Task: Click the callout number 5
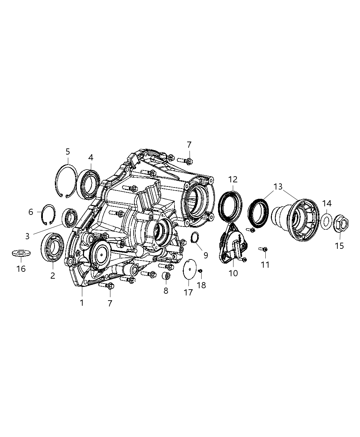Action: pyautogui.click(x=68, y=151)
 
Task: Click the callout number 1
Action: pyautogui.click(x=82, y=303)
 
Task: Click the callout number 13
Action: pyautogui.click(x=278, y=187)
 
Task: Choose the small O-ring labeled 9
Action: pyautogui.click(x=195, y=236)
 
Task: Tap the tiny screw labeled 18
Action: pyautogui.click(x=201, y=271)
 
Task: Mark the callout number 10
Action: pyautogui.click(x=233, y=273)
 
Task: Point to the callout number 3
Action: pyautogui.click(x=27, y=236)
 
